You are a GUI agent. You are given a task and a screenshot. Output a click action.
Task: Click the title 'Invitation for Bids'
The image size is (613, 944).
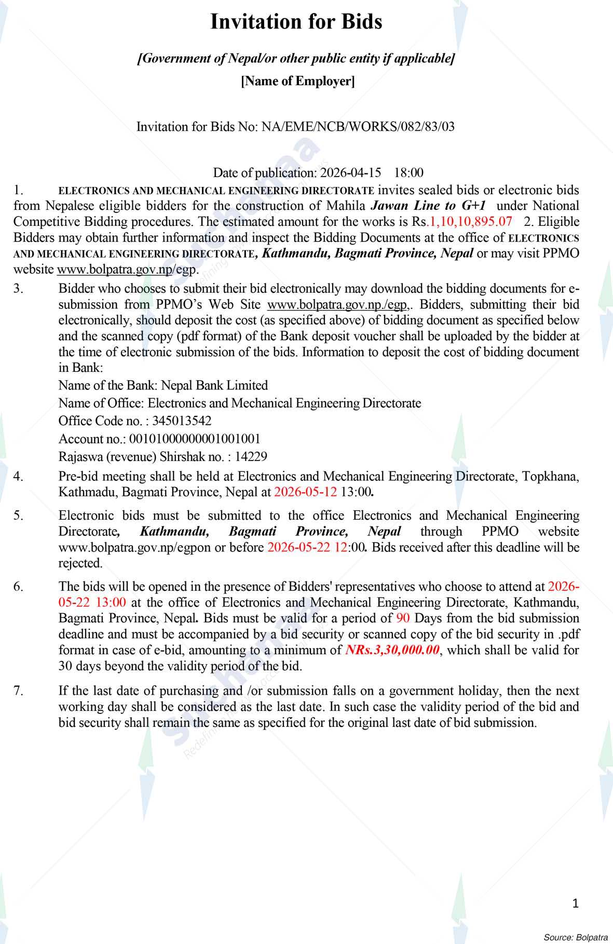click(296, 22)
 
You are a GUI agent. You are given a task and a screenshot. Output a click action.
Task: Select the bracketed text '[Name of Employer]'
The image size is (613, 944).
click(298, 81)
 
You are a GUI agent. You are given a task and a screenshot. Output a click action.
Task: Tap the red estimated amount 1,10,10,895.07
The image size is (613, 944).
click(469, 222)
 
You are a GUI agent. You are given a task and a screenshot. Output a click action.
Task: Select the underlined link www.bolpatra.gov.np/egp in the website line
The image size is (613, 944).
click(127, 269)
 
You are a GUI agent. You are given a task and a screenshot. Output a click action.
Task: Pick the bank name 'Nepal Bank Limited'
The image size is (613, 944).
click(214, 385)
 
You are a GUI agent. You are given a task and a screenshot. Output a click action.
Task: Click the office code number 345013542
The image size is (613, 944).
click(178, 421)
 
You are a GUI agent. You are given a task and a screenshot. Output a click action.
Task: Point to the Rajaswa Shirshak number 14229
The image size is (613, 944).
click(251, 456)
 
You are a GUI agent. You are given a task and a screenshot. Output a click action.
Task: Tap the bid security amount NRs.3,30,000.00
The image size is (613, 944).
click(392, 650)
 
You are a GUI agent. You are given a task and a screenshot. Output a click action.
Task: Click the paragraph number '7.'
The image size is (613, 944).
click(19, 691)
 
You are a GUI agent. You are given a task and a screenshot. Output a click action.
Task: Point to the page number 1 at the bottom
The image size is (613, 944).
click(575, 903)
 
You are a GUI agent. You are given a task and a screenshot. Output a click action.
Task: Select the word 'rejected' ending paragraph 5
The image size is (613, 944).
click(79, 563)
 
